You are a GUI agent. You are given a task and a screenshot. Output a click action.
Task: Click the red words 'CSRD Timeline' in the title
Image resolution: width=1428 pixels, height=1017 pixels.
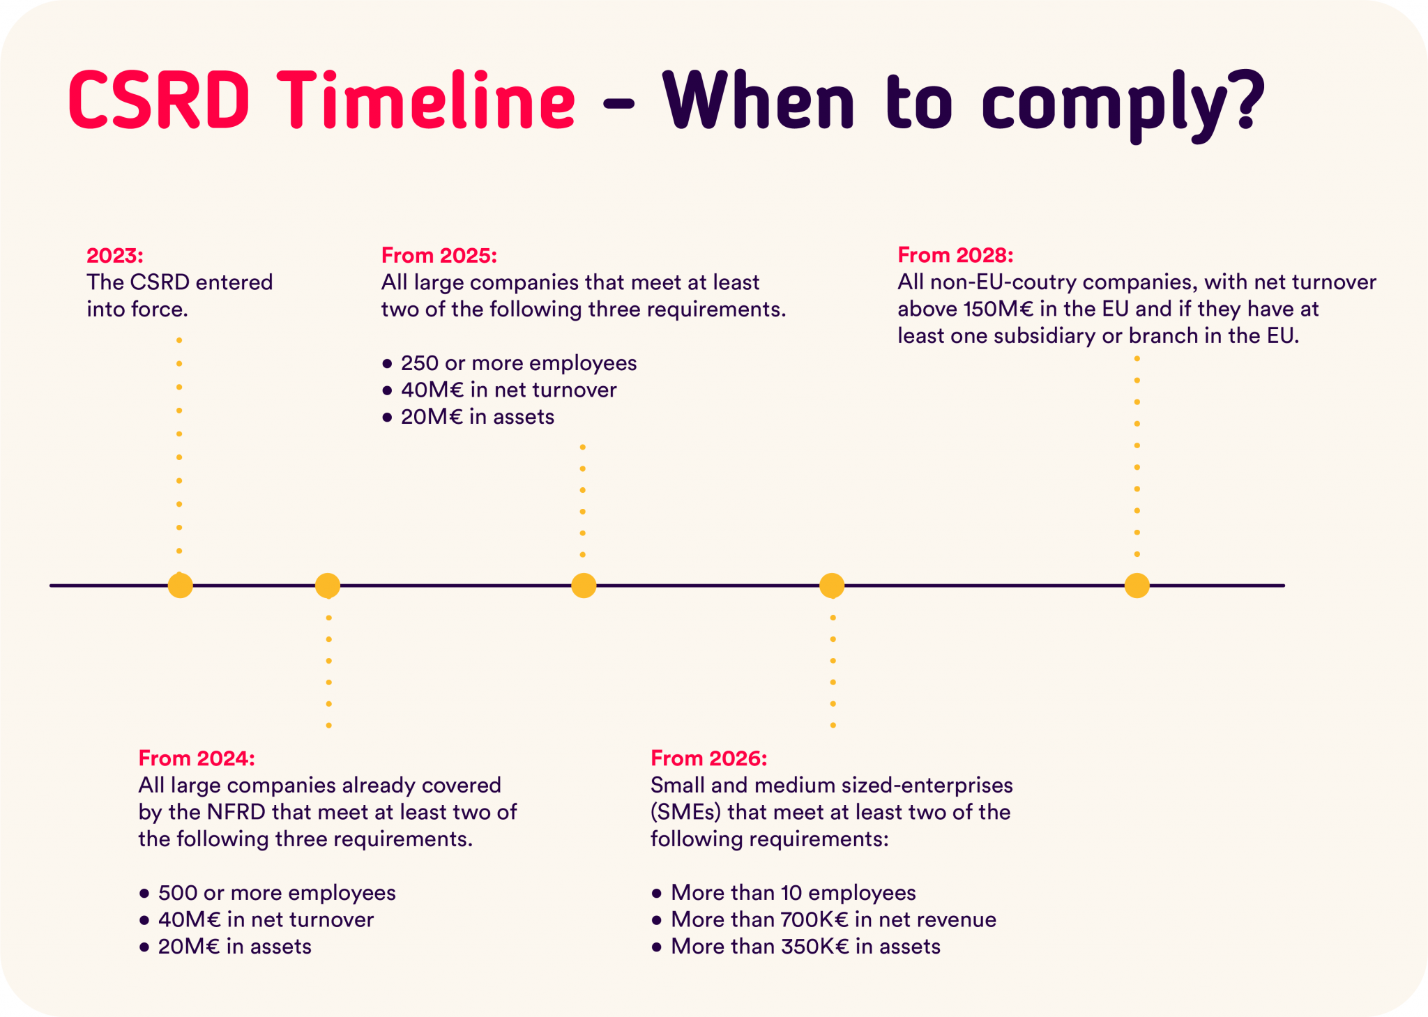[321, 100]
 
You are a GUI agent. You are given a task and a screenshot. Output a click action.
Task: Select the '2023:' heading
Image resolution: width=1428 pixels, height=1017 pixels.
[114, 255]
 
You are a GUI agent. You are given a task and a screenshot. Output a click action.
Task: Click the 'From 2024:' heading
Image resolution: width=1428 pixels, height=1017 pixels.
[197, 758]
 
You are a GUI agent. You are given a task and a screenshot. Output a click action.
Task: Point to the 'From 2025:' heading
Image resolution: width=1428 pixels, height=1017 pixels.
[439, 255]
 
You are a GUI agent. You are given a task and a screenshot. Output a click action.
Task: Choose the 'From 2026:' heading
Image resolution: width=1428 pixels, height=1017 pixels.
[708, 758]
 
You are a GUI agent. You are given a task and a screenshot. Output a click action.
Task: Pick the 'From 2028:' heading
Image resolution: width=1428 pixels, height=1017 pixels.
[955, 254]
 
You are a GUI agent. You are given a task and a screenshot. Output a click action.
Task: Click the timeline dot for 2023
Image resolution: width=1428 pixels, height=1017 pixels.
[180, 586]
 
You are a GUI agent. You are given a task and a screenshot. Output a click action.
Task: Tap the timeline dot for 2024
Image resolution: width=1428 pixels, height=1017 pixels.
[328, 586]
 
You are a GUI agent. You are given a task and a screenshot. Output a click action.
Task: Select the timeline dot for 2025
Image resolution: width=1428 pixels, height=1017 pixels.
[584, 586]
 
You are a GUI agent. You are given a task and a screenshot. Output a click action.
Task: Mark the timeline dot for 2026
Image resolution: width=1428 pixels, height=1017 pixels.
[832, 586]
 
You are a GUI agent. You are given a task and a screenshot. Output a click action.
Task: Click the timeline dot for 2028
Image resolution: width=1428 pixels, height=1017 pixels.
[1137, 586]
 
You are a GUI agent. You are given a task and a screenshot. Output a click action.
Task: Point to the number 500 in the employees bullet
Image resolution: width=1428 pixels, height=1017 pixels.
[177, 893]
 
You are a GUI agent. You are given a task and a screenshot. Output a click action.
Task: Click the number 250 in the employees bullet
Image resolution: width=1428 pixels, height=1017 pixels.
[420, 363]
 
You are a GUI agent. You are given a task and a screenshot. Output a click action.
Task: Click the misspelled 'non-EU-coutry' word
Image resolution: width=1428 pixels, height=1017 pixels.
[1003, 282]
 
